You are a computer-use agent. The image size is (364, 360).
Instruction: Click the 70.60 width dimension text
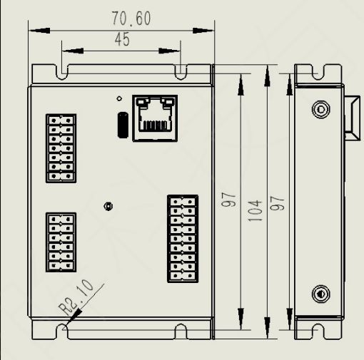[131, 19]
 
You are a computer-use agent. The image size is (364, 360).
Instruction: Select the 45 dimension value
[123, 39]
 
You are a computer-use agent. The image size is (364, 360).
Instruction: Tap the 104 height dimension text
[255, 210]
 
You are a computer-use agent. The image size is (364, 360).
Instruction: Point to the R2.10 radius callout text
[76, 297]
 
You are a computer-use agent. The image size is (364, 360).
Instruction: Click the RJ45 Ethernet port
[155, 118]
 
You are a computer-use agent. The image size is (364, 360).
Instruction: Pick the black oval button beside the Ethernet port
[123, 125]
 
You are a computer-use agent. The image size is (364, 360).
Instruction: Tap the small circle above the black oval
[119, 98]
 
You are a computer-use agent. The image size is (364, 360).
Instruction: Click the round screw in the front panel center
[108, 206]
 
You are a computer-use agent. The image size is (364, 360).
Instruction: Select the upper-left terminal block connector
[61, 148]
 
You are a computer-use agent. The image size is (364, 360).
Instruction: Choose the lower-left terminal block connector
[61, 242]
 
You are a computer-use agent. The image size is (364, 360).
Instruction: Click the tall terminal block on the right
[183, 239]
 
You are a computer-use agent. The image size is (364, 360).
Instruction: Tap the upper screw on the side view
[320, 109]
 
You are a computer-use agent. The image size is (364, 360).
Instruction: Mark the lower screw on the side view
[320, 294]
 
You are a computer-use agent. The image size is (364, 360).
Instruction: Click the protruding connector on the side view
[352, 118]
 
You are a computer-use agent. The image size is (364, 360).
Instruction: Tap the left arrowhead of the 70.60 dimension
[39, 31]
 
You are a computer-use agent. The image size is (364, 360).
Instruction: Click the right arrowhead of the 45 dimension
[169, 51]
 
